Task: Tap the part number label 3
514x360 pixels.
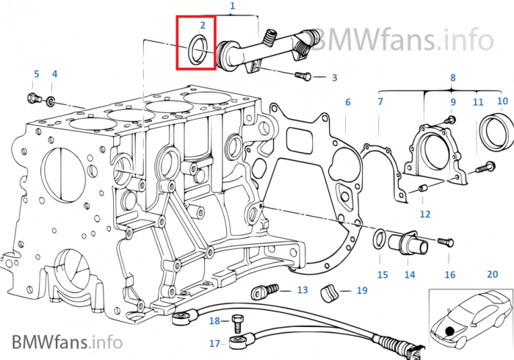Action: click(334, 78)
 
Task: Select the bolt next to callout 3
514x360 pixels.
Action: click(303, 76)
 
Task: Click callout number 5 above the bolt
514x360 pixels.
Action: click(37, 74)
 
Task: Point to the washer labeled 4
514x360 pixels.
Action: click(51, 101)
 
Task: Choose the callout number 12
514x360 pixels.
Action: click(425, 214)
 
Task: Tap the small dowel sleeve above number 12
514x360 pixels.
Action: click(422, 189)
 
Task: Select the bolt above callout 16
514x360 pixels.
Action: click(446, 242)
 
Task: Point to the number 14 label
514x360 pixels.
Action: click(410, 275)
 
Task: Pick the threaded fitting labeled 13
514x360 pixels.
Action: click(264, 291)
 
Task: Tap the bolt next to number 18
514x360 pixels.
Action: click(236, 323)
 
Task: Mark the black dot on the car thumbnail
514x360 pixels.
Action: click(449, 331)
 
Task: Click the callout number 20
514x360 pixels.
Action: click(493, 274)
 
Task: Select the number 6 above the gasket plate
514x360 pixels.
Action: click(348, 102)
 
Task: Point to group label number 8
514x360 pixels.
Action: click(453, 78)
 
